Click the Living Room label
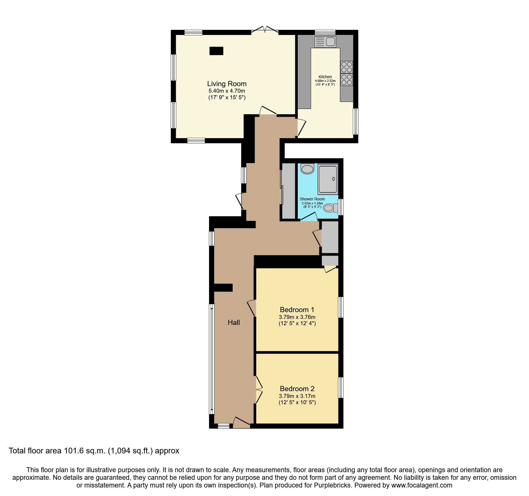[x=227, y=84]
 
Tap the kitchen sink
[x=325, y=42]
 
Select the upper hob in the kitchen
[x=347, y=67]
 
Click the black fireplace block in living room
[x=216, y=51]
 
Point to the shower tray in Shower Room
[x=328, y=179]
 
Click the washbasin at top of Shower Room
[x=307, y=169]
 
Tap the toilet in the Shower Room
[x=330, y=208]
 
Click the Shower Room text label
[x=312, y=199]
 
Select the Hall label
[x=234, y=322]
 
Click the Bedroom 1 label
[x=297, y=310]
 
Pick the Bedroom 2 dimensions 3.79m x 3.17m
[x=297, y=396]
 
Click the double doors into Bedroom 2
[x=258, y=390]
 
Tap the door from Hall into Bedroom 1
[x=252, y=308]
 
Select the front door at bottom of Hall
[x=241, y=422]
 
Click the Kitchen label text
[x=325, y=77]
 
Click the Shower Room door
[x=309, y=217]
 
